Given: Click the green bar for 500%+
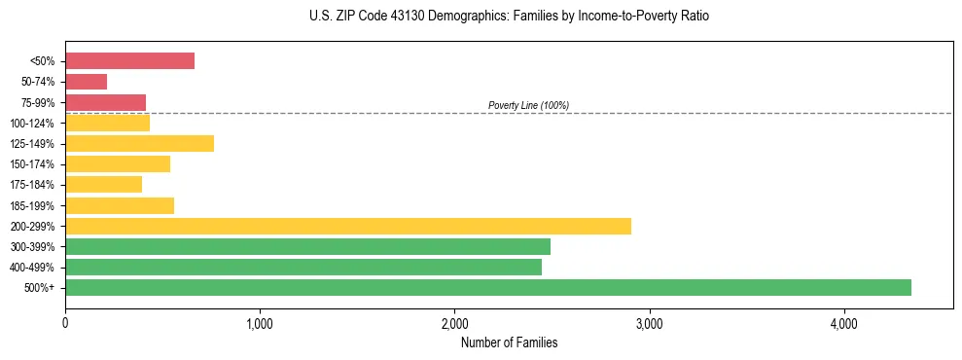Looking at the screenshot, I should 487,287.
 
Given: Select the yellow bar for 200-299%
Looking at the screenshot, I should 347,226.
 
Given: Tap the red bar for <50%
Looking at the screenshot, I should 129,61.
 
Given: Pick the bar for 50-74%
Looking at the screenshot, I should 86,82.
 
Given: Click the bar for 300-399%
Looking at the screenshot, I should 307,246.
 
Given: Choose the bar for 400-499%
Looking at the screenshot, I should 303,267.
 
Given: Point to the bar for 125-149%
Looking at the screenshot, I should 139,144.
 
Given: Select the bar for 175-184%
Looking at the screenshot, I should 103,185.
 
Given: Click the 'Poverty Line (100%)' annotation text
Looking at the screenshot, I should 528,105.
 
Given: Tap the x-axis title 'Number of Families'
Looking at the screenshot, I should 509,342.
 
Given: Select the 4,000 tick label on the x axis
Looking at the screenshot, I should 843,323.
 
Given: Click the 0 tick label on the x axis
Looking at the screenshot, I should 65,323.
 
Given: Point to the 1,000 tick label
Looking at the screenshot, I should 260,323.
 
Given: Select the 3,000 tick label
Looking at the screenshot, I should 649,323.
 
